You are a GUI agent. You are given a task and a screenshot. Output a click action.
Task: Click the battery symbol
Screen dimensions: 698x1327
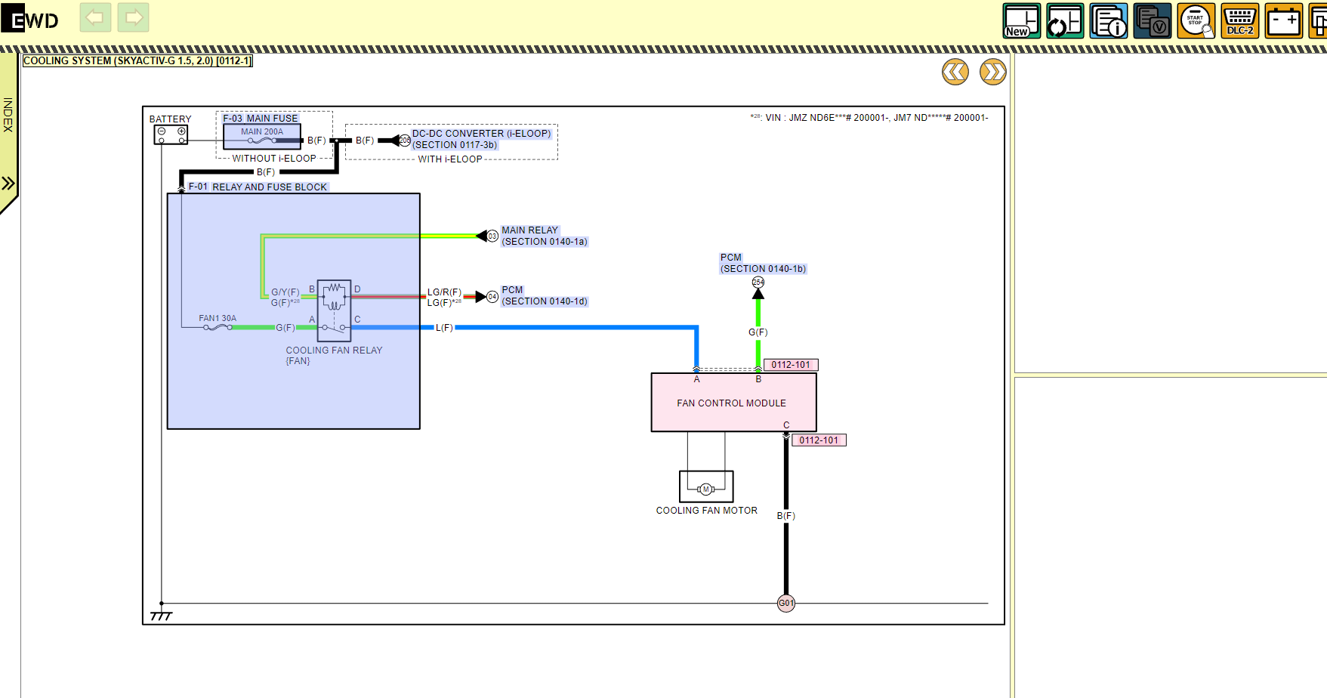[x=171, y=134]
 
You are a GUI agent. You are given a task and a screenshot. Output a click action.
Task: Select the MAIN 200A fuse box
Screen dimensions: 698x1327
[x=262, y=136]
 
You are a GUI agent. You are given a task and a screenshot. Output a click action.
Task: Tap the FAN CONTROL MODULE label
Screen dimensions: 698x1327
[x=731, y=403]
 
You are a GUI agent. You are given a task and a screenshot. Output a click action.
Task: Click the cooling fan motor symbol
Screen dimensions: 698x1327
[x=706, y=488]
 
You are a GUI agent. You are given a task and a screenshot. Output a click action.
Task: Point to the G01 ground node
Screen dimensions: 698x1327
[x=786, y=603]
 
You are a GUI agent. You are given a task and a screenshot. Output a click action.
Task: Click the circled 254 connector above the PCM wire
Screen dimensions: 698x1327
[x=758, y=283]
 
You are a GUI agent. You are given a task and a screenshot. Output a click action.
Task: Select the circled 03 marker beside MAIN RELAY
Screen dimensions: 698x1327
[x=492, y=236]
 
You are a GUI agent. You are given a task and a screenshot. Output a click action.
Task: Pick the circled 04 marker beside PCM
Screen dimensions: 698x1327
[x=492, y=297]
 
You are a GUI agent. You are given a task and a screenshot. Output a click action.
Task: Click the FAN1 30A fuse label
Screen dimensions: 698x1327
[x=218, y=319]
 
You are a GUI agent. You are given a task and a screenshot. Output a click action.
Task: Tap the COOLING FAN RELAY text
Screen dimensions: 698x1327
[x=334, y=351]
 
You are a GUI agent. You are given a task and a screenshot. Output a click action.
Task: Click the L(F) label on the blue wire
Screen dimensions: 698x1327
[x=444, y=328]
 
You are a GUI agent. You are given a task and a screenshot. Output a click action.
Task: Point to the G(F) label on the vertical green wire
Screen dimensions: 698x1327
[x=758, y=332]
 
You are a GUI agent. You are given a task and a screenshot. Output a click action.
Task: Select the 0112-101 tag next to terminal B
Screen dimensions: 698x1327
[x=791, y=365]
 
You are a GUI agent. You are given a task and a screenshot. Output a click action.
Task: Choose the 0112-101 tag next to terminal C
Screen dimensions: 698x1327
[x=819, y=440]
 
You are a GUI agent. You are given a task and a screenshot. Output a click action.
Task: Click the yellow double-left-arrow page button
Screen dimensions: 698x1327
[x=955, y=72]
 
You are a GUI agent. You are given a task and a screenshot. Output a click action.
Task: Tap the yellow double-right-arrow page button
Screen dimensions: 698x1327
[x=993, y=72]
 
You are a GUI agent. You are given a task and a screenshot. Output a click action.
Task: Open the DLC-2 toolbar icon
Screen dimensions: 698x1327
[x=1239, y=20]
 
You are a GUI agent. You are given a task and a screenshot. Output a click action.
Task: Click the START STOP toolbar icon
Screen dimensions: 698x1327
[x=1196, y=20]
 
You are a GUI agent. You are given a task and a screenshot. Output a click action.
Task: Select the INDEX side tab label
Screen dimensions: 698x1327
[x=8, y=115]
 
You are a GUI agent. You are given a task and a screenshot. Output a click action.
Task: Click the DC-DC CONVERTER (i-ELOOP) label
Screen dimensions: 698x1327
[x=481, y=134]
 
